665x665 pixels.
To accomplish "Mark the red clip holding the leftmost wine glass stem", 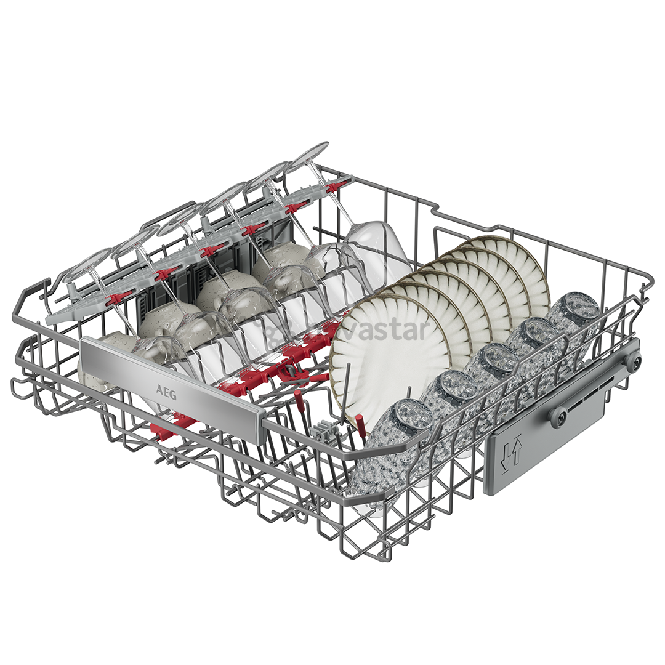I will tap(118, 297).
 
